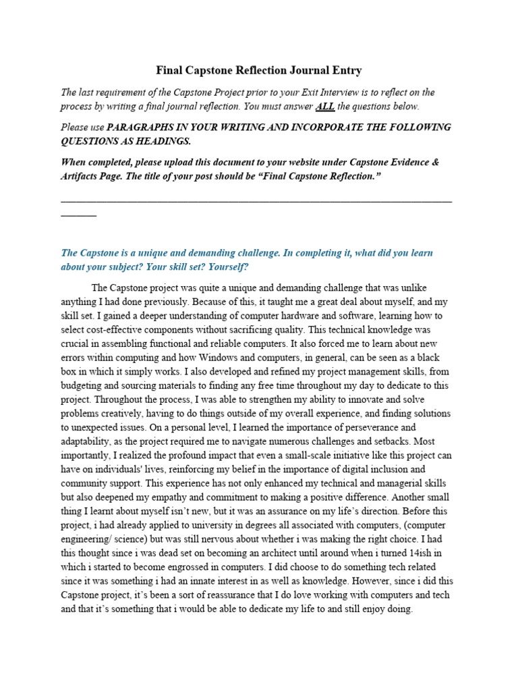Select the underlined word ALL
point(324,107)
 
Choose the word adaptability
point(89,442)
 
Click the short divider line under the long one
point(78,215)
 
